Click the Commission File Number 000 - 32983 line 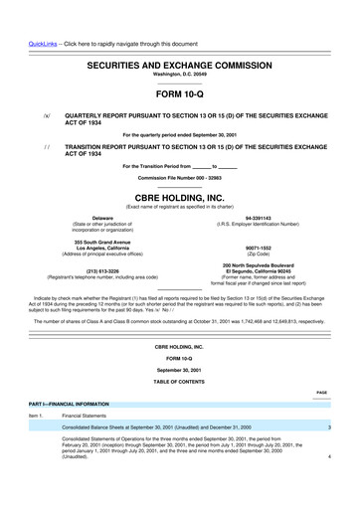pyautogui.click(x=180, y=177)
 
